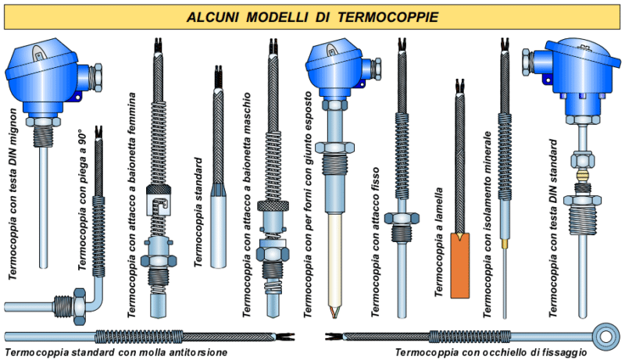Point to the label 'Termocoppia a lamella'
[x=439, y=242]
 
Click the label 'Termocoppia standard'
[x=198, y=211]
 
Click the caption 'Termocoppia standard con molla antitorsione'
[x=117, y=353]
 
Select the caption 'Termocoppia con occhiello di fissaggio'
[x=491, y=353]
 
